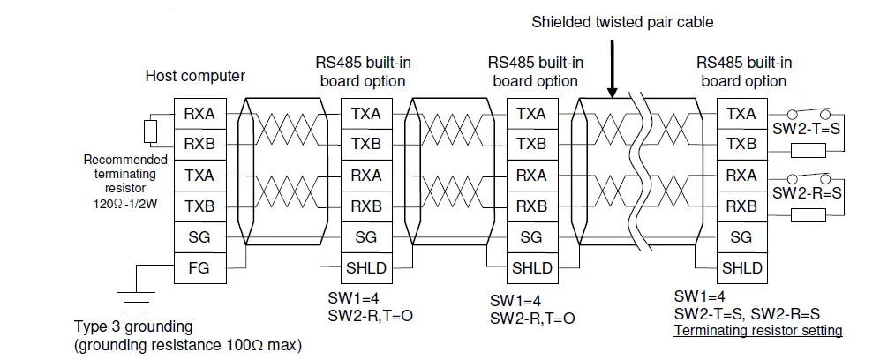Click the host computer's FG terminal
tap(199, 267)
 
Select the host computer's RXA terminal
tap(199, 114)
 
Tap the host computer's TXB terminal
tap(199, 206)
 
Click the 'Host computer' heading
tap(195, 76)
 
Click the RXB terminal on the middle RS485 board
tap(530, 206)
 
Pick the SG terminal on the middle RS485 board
tap(530, 236)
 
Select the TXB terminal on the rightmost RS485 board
tap(741, 144)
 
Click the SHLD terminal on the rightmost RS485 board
tap(741, 267)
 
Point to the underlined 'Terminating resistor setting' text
tap(757, 331)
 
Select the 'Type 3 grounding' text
tap(133, 326)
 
